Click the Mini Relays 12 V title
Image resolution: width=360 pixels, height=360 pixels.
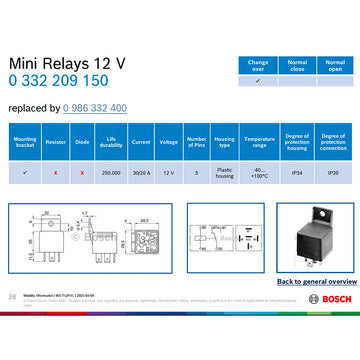(67, 63)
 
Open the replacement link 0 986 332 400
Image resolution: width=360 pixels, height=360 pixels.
(94, 108)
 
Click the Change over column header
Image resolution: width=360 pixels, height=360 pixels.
(258, 65)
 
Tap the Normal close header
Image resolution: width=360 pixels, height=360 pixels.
(297, 65)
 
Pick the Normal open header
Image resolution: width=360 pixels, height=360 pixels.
(336, 65)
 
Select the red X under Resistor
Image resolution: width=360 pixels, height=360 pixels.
(56, 172)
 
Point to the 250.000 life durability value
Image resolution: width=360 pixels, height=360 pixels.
(112, 172)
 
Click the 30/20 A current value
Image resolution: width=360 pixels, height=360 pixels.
(141, 172)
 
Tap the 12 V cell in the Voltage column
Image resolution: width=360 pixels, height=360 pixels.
(169, 172)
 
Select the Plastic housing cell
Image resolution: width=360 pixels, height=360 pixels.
(225, 172)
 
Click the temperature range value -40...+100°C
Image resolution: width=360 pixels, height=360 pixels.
(258, 173)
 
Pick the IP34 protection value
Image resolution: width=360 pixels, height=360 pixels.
(296, 172)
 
